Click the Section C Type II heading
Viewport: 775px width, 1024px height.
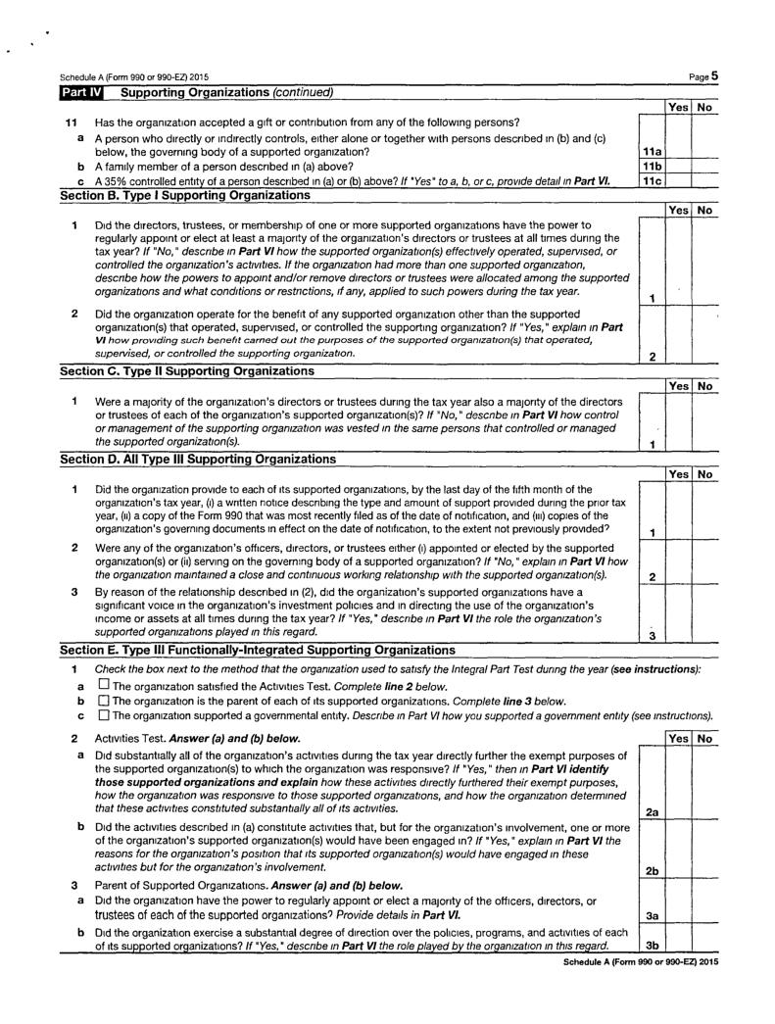187,370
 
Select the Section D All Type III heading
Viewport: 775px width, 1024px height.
197,459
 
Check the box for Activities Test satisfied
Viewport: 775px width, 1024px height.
103,685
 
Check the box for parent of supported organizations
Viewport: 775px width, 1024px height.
103,701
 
